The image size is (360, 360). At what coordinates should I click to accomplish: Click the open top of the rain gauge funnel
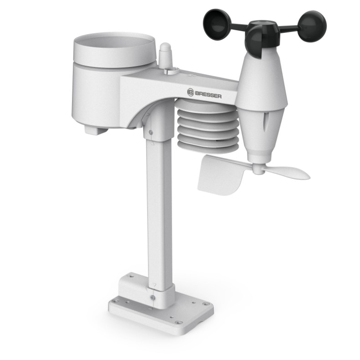pos(114,43)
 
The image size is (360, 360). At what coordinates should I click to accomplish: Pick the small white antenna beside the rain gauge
pos(165,56)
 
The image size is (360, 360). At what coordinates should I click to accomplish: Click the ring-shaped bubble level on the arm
pos(172,70)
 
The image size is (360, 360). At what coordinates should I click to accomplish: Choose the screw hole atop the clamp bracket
pos(131,277)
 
